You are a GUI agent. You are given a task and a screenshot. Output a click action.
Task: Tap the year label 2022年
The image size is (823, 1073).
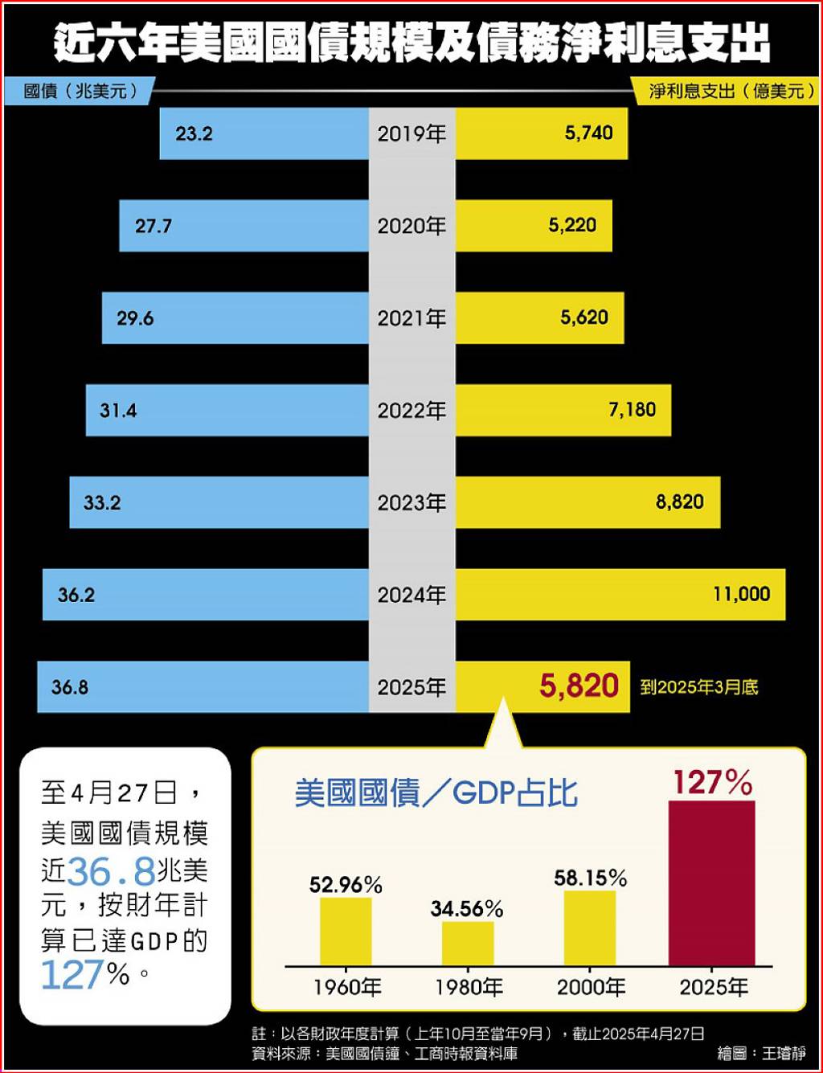(411, 411)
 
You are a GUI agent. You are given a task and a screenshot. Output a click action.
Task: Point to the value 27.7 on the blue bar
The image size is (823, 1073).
(153, 226)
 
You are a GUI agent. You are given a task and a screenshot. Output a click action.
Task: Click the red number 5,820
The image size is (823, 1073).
(579, 686)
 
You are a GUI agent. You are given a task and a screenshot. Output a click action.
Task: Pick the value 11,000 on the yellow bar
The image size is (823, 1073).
(741, 594)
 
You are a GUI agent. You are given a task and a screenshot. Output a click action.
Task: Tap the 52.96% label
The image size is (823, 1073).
(346, 885)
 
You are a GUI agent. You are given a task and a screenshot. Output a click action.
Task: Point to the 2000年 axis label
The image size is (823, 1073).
(591, 987)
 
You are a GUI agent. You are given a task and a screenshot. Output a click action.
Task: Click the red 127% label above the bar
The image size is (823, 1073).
(712, 782)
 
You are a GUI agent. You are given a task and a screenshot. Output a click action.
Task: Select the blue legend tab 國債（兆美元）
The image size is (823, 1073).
(77, 91)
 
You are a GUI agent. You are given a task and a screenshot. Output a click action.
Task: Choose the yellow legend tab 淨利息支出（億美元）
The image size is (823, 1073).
(727, 91)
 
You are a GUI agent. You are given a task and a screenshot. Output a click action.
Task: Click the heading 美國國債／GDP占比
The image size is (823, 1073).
(436, 793)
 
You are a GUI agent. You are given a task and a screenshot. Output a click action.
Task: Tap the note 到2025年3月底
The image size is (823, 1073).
(698, 687)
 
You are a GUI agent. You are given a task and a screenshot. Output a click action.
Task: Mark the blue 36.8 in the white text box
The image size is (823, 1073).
(111, 870)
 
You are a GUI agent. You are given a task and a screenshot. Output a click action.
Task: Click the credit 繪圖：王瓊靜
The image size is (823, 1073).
(761, 1053)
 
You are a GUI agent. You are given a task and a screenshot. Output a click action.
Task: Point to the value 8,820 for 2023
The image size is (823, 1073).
(679, 502)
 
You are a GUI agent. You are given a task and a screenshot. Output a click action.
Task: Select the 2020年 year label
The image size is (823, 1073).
(411, 226)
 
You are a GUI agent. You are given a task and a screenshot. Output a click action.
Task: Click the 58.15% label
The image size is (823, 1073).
(590, 878)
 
